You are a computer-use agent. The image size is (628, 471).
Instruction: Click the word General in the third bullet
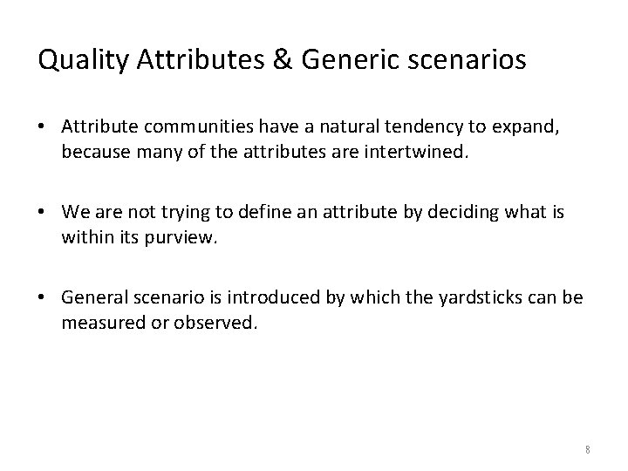[91, 297]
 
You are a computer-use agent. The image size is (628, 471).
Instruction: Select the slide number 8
[588, 449]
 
